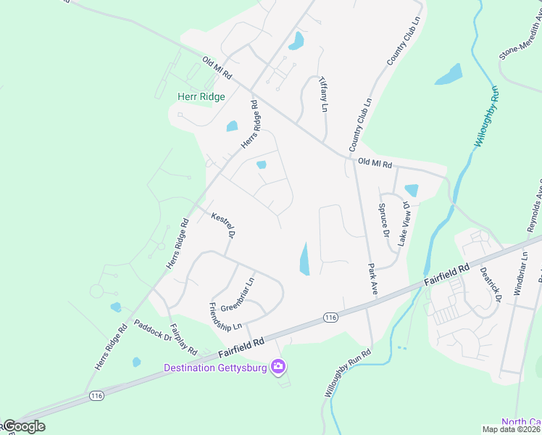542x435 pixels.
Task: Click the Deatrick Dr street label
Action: pyautogui.click(x=491, y=283)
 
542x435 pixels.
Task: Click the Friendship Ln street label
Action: pyautogui.click(x=225, y=317)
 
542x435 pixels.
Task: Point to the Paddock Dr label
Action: pyautogui.click(x=152, y=331)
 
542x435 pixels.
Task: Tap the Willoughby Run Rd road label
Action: pyautogui.click(x=346, y=373)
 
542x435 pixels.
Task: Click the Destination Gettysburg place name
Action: pyautogui.click(x=215, y=368)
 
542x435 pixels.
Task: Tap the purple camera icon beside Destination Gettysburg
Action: pyautogui.click(x=278, y=368)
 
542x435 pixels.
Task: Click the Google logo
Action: pyautogui.click(x=23, y=427)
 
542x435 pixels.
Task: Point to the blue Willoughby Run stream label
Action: pyautogui.click(x=486, y=117)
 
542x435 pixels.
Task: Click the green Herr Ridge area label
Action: pyautogui.click(x=201, y=96)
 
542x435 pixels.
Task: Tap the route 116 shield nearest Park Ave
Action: pyautogui.click(x=330, y=318)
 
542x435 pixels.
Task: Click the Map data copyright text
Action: pyautogui.click(x=511, y=429)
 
